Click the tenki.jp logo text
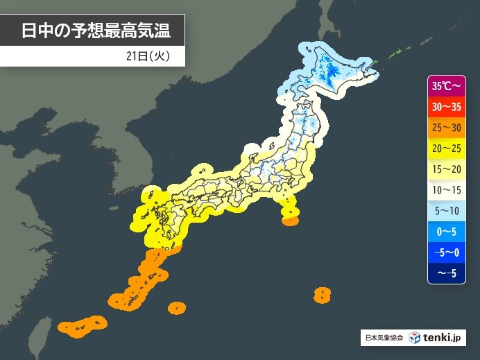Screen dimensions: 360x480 [x=444, y=338]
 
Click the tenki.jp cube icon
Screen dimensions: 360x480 [x=415, y=338]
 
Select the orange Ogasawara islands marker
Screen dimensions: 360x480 [x=321, y=295]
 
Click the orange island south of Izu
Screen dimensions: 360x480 [x=291, y=221]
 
